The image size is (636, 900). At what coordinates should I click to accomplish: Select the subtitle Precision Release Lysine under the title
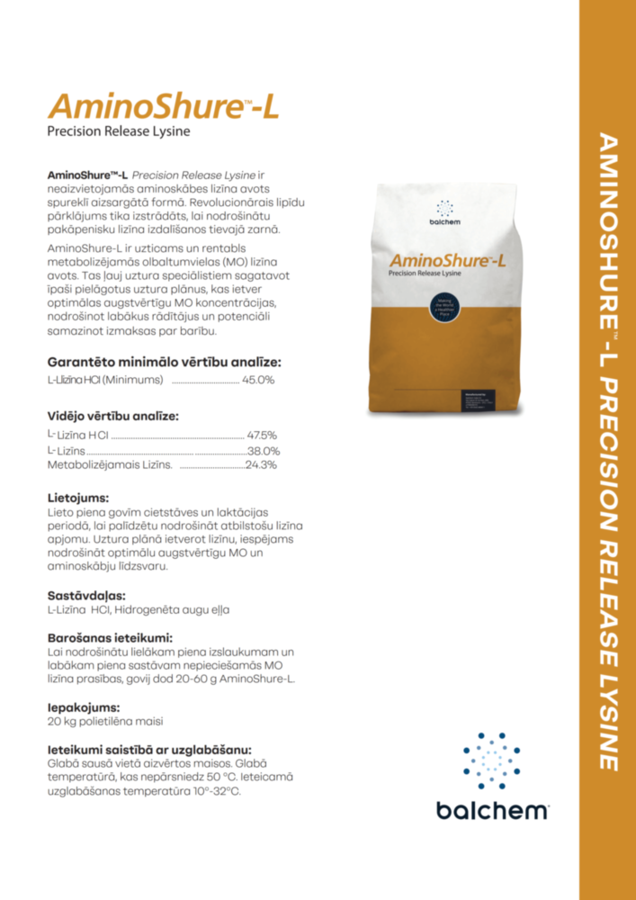[119, 131]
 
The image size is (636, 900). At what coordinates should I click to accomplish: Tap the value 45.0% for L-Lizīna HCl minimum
[258, 381]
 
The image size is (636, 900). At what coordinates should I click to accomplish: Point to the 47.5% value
[262, 435]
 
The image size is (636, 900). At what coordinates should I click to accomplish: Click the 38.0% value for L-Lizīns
[264, 450]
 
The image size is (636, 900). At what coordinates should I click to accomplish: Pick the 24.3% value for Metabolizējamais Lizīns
[261, 465]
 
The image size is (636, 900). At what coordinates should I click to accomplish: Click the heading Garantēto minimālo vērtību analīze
[165, 362]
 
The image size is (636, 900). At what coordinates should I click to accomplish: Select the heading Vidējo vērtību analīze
[112, 416]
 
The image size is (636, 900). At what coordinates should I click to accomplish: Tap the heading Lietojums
[78, 497]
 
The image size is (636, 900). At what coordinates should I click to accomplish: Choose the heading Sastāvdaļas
[86, 595]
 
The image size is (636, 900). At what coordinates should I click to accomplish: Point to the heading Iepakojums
[83, 707]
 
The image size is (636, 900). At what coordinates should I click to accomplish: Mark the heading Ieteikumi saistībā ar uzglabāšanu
[149, 749]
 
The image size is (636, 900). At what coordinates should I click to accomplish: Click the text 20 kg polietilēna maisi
[105, 722]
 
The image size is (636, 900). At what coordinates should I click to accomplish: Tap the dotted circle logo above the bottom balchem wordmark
[491, 760]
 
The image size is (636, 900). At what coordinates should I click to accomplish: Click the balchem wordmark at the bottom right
[492, 810]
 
